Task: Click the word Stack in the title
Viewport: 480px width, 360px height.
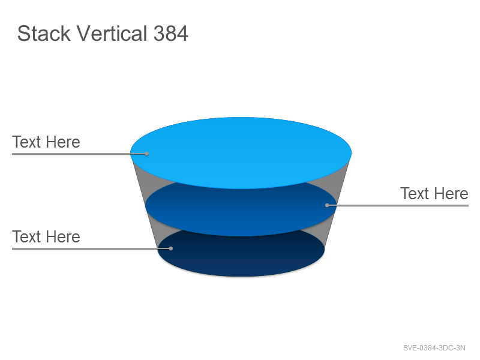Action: pos(44,33)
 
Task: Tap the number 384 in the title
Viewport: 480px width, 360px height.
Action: pos(170,33)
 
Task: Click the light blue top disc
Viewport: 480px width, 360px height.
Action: pos(241,153)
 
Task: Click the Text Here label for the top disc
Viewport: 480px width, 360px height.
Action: pos(46,142)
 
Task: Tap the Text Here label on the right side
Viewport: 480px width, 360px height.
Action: pos(434,193)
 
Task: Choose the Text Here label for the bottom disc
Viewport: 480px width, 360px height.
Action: pos(46,236)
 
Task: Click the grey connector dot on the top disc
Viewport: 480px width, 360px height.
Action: pos(146,154)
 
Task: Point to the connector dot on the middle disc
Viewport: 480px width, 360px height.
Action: pos(327,205)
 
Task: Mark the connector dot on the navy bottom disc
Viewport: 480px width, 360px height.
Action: pos(171,248)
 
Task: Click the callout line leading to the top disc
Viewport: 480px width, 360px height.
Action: pos(79,154)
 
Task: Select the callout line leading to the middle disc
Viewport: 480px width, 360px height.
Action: pos(398,205)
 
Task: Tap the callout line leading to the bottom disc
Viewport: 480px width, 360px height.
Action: pos(91,248)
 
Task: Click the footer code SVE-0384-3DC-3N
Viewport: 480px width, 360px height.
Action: pos(434,348)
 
